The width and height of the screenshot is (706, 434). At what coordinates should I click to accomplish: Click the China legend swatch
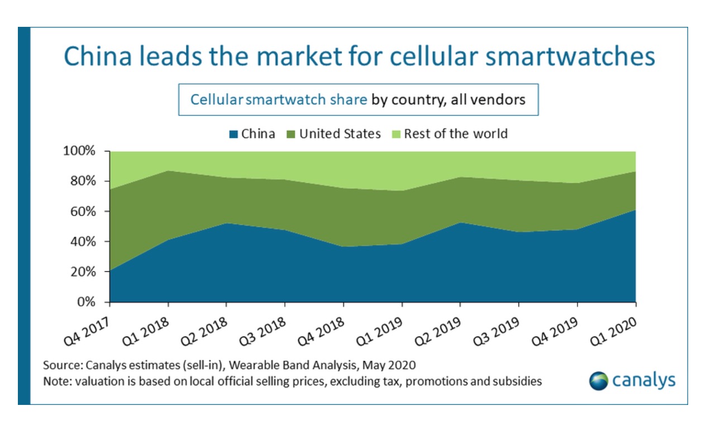233,134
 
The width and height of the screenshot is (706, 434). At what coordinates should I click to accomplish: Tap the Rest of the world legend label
456,134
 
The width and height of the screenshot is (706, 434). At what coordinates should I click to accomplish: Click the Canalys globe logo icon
599,381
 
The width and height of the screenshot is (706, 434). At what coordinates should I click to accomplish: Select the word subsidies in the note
519,382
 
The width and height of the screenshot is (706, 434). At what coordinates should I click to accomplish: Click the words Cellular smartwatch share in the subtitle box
279,100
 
